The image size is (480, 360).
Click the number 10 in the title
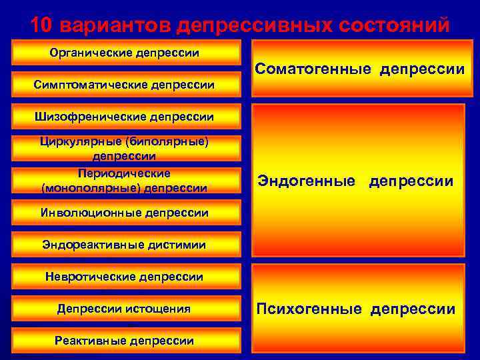tap(41, 25)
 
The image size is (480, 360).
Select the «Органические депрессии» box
tap(125, 53)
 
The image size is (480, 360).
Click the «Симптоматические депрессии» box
tap(125, 85)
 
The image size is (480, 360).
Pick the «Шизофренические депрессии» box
tap(125, 117)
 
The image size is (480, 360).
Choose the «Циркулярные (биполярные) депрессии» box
tap(125, 149)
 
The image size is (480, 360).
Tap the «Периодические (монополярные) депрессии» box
tap(125, 181)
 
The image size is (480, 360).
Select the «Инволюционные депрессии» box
tap(125, 213)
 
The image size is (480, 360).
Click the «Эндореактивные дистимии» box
tap(125, 245)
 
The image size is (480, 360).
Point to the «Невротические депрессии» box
tap(125, 276)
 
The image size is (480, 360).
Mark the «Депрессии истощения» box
tap(125, 309)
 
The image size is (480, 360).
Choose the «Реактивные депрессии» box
tap(125, 341)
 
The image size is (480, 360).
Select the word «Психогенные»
tap(309, 309)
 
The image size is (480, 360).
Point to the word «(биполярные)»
tap(171, 141)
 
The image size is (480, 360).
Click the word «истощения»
tap(161, 309)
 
